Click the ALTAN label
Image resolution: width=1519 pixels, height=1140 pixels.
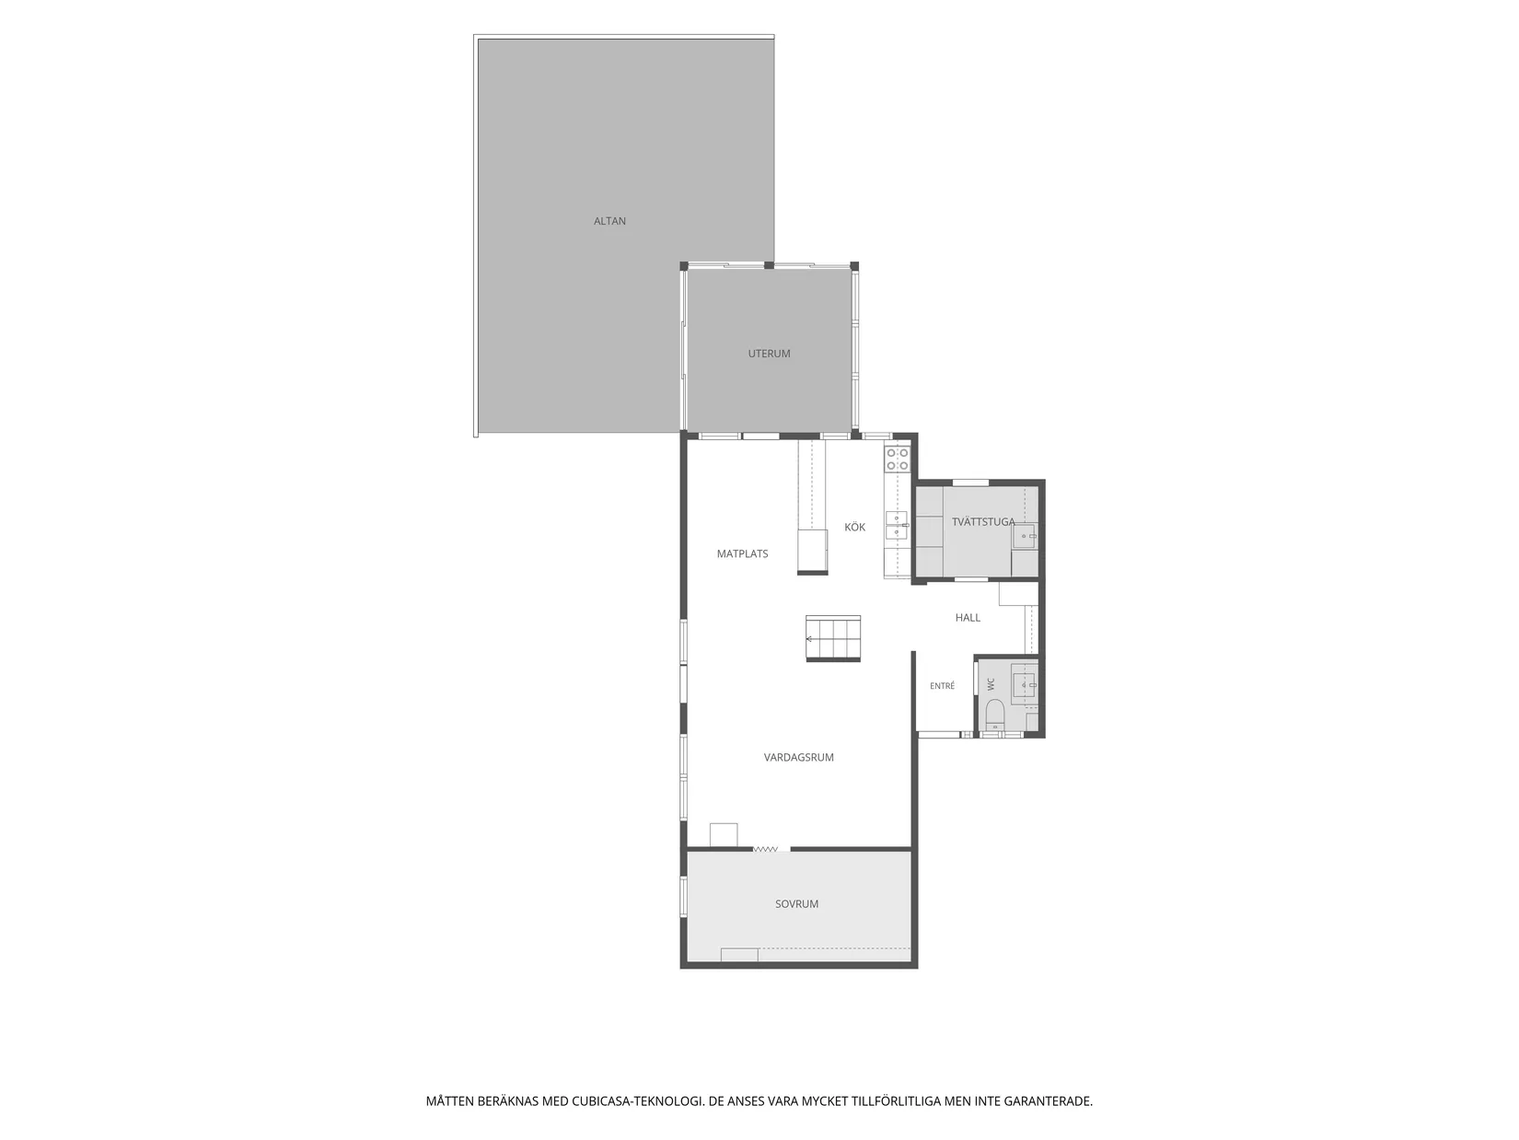pyautogui.click(x=609, y=222)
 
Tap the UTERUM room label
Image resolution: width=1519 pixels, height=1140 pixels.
pyautogui.click(x=768, y=354)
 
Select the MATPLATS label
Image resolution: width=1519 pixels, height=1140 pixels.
pyautogui.click(x=742, y=553)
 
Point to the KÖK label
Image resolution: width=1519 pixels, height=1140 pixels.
pyautogui.click(x=854, y=527)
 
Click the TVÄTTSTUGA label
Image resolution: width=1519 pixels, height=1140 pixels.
pyautogui.click(x=982, y=522)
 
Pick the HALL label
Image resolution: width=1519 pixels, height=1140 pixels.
pyautogui.click(x=967, y=617)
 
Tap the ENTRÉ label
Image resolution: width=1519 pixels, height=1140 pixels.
pyautogui.click(x=941, y=685)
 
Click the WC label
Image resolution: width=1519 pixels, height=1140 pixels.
pyautogui.click(x=990, y=683)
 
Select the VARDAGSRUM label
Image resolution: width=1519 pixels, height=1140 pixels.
pyautogui.click(x=798, y=757)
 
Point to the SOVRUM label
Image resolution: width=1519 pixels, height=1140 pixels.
pyautogui.click(x=795, y=904)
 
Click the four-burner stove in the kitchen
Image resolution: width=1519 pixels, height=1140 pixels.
pyautogui.click(x=897, y=459)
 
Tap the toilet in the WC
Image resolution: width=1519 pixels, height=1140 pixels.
pyautogui.click(x=993, y=713)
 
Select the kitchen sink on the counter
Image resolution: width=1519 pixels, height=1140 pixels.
pyautogui.click(x=896, y=525)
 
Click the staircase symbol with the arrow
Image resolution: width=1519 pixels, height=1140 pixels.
pyautogui.click(x=832, y=638)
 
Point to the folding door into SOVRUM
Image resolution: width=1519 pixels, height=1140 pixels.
pyautogui.click(x=765, y=849)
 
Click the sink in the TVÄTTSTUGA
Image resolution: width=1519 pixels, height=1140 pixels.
pyautogui.click(x=1025, y=535)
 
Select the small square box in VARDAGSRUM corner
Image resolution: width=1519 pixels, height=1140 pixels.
pyautogui.click(x=724, y=834)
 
